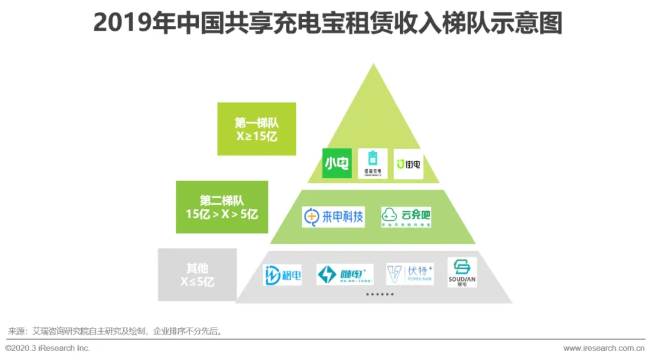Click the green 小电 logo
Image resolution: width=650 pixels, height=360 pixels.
click(x=336, y=163)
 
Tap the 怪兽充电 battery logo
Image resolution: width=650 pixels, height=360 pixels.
click(x=373, y=163)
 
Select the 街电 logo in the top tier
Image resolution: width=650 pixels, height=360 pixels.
click(x=409, y=164)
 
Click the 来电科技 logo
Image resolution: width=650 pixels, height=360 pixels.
click(x=333, y=217)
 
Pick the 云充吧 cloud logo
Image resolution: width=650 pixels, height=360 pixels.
click(x=406, y=217)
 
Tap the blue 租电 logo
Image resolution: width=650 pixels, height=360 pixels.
click(x=282, y=275)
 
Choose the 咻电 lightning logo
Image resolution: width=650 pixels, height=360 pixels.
click(x=345, y=275)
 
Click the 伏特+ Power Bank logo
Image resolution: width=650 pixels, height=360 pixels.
click(x=410, y=274)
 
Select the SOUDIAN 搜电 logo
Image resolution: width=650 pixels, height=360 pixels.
click(x=462, y=272)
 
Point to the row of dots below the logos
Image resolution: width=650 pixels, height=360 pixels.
click(x=380, y=294)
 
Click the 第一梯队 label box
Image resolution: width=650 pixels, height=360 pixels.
click(x=256, y=129)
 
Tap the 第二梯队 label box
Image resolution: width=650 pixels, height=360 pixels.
click(x=221, y=206)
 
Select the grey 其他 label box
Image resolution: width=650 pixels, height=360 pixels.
click(x=197, y=275)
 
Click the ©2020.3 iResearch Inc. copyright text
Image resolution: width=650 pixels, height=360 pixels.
click(x=48, y=348)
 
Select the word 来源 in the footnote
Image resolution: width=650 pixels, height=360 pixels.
click(x=16, y=331)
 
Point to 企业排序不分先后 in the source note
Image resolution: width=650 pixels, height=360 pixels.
click(x=187, y=331)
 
